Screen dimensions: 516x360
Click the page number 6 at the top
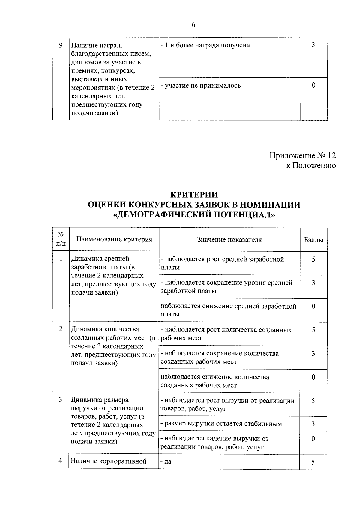193,25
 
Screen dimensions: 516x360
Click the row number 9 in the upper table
61,45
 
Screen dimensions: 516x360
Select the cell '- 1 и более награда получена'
205,45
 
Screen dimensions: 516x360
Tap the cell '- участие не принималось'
201,85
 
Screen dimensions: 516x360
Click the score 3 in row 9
313,45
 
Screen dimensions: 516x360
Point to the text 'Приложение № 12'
302,155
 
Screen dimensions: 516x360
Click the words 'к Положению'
311,165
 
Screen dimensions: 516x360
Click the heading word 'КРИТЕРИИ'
194,195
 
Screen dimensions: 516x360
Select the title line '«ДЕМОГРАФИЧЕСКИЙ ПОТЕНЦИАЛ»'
194,215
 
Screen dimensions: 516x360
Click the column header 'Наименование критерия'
114,239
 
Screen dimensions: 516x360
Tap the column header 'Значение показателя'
229,240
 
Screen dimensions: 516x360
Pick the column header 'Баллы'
313,240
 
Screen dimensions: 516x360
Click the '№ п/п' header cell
61,239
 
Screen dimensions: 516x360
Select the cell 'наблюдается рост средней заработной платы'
222,263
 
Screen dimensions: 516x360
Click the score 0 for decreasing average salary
313,306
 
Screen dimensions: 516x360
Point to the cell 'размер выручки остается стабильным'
221,424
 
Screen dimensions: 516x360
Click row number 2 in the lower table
61,329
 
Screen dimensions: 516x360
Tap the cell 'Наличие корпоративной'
109,461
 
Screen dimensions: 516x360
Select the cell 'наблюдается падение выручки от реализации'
214,442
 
